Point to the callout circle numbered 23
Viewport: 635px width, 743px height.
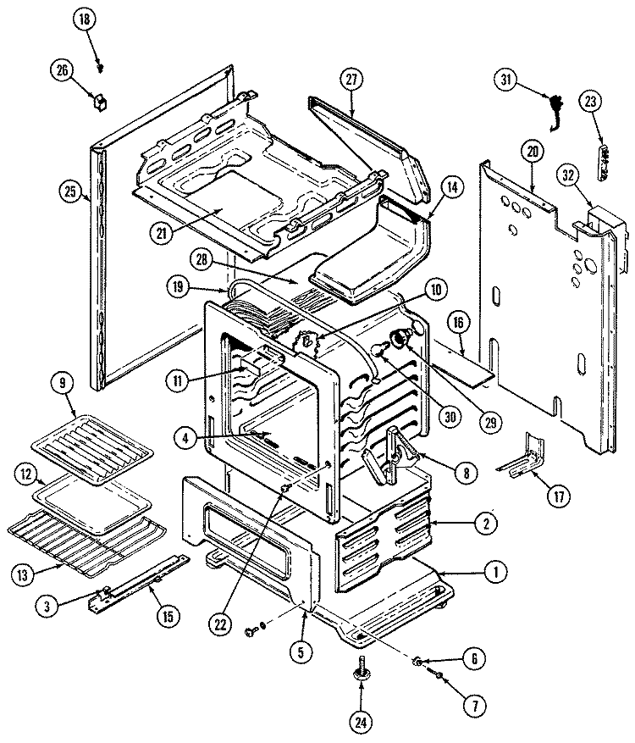[590, 100]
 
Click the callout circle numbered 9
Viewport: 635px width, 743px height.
[67, 382]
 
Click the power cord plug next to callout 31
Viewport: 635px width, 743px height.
[555, 112]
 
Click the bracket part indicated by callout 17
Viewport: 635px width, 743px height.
[523, 457]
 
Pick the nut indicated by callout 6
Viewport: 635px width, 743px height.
[418, 659]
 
